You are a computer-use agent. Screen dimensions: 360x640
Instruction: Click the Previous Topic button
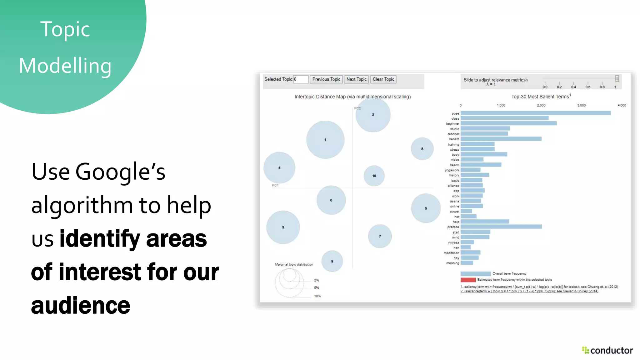(326, 79)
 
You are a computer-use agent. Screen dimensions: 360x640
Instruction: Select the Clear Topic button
(383, 79)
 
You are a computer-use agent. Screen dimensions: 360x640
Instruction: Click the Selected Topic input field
(301, 79)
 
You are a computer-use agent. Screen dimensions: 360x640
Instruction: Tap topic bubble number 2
(373, 115)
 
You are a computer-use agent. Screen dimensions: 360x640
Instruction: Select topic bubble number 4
(279, 168)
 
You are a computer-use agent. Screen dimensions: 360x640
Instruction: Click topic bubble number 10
(374, 176)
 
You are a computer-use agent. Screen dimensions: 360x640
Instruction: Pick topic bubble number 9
(332, 261)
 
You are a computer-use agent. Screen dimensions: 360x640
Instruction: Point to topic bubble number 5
(426, 208)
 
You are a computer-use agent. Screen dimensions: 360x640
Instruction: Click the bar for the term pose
(535, 113)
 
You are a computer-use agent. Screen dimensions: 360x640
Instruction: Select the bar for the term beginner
(508, 123)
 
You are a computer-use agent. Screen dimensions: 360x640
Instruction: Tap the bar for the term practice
(501, 227)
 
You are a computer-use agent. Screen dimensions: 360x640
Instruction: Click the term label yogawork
(452, 170)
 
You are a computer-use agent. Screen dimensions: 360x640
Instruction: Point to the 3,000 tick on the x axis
(581, 105)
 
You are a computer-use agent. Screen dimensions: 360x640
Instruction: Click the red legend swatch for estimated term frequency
(468, 280)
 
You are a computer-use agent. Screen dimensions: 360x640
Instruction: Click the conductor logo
(607, 350)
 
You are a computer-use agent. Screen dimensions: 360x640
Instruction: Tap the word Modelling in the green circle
(65, 66)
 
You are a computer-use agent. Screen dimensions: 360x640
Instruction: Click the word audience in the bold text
(81, 305)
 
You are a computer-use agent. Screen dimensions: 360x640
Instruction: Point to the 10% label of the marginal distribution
(317, 296)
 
